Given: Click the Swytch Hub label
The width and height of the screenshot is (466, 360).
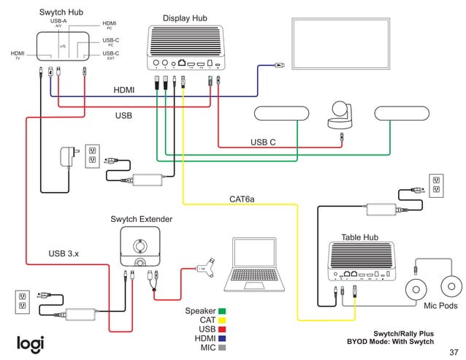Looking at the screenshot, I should tap(60, 13).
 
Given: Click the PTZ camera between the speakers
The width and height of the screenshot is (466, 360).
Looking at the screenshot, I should tap(340, 114).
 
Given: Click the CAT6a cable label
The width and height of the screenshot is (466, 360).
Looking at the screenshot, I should tap(242, 199).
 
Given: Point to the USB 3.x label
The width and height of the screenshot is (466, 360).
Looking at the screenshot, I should tap(64, 253).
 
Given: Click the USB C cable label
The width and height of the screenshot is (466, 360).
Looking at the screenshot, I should tap(263, 142).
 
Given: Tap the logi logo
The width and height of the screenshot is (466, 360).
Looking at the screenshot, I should tap(31, 342).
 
